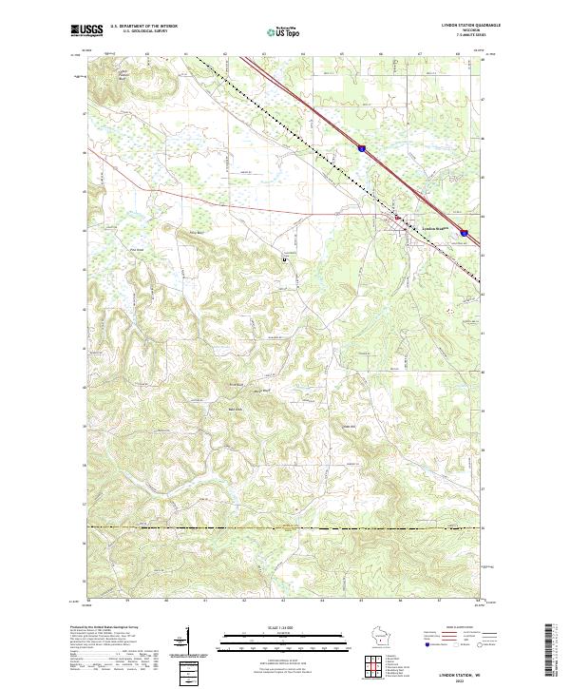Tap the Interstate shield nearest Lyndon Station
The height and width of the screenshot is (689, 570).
point(465,231)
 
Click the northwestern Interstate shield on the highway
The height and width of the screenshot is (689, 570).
point(362,147)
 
